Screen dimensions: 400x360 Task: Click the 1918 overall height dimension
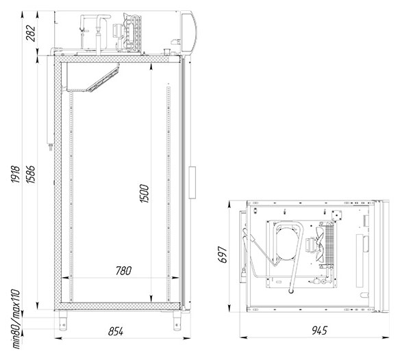pos(16,174)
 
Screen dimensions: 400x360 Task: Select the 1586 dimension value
pos(31,174)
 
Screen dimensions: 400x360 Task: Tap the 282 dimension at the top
pos(31,33)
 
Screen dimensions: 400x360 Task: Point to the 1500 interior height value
pos(145,194)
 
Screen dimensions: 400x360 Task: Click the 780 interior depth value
pos(124,271)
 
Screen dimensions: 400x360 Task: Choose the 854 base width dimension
pos(116,331)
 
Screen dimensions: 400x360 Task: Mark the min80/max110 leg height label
pos(16,319)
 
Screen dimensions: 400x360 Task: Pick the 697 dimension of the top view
pos(223,255)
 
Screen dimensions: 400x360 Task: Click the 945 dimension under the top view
pos(319,331)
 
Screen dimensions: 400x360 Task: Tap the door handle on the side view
pos(192,182)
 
